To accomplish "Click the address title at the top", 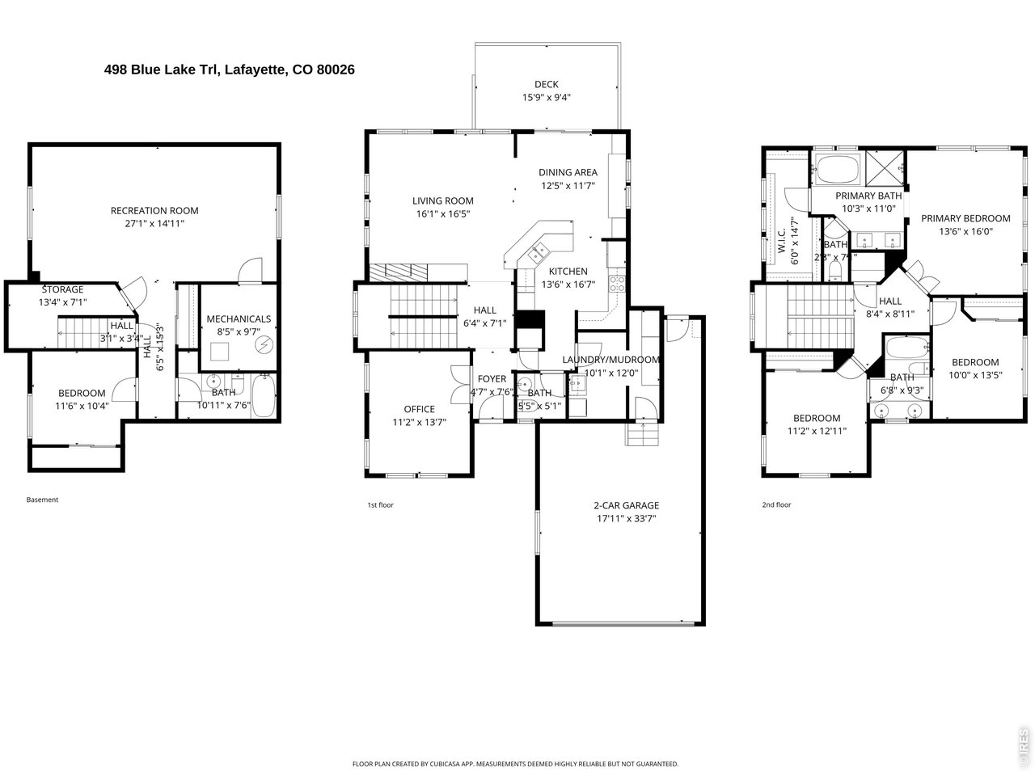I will click(x=230, y=70).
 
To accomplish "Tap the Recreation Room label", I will click(x=154, y=211).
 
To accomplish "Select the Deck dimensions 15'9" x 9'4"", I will click(x=547, y=98).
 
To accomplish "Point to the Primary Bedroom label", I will click(x=965, y=218).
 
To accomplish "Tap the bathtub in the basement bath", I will click(x=264, y=396).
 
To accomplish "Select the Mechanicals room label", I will click(x=239, y=319).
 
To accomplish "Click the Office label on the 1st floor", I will click(x=420, y=409).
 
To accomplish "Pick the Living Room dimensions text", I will click(x=442, y=214).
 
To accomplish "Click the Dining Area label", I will click(x=568, y=172).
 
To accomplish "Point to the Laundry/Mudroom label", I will click(x=611, y=360).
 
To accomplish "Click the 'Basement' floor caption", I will click(x=43, y=500).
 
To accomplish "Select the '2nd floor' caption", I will click(x=776, y=504).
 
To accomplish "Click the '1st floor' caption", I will click(x=380, y=504).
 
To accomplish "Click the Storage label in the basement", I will click(x=62, y=289).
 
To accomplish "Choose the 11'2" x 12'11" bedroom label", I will click(x=817, y=418).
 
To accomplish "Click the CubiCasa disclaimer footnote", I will click(x=515, y=764).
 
